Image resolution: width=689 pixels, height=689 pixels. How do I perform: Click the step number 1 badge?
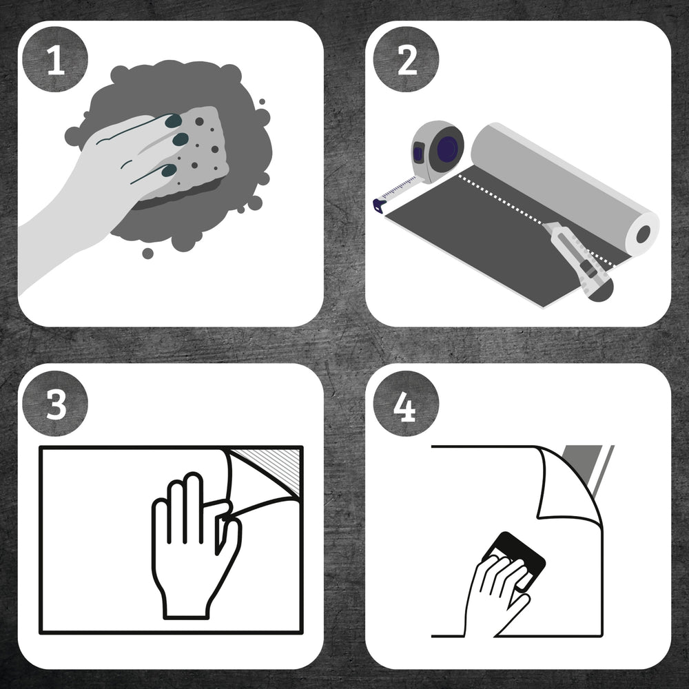tap(55, 59)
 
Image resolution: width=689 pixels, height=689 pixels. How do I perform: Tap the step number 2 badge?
tap(406, 59)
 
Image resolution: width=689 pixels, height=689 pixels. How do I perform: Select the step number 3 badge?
tap(55, 403)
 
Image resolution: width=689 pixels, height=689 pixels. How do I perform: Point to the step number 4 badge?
tap(406, 403)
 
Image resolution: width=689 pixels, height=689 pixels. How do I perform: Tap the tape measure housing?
tap(438, 151)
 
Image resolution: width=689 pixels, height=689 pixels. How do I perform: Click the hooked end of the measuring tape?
tap(379, 205)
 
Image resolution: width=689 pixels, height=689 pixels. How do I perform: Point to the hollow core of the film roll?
tap(643, 234)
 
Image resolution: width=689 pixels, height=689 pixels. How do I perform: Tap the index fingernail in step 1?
tap(173, 121)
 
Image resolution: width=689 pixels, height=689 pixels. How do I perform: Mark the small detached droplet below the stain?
tap(147, 253)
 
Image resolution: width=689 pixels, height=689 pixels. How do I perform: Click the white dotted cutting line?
tap(535, 220)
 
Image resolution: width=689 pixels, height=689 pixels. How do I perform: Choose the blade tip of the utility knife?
tap(544, 225)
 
